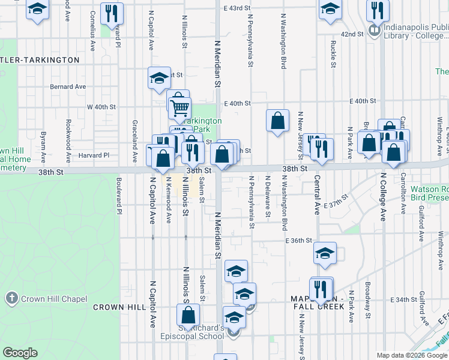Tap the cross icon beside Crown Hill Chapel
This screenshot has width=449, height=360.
coord(11,298)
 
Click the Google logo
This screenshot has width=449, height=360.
coord(20,353)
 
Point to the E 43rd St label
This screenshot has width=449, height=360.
coord(237,8)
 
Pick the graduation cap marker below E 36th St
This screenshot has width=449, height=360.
coord(325,254)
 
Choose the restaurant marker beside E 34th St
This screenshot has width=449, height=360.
coord(321,289)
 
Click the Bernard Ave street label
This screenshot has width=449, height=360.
coord(68,86)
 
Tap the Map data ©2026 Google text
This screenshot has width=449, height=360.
coord(412,355)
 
